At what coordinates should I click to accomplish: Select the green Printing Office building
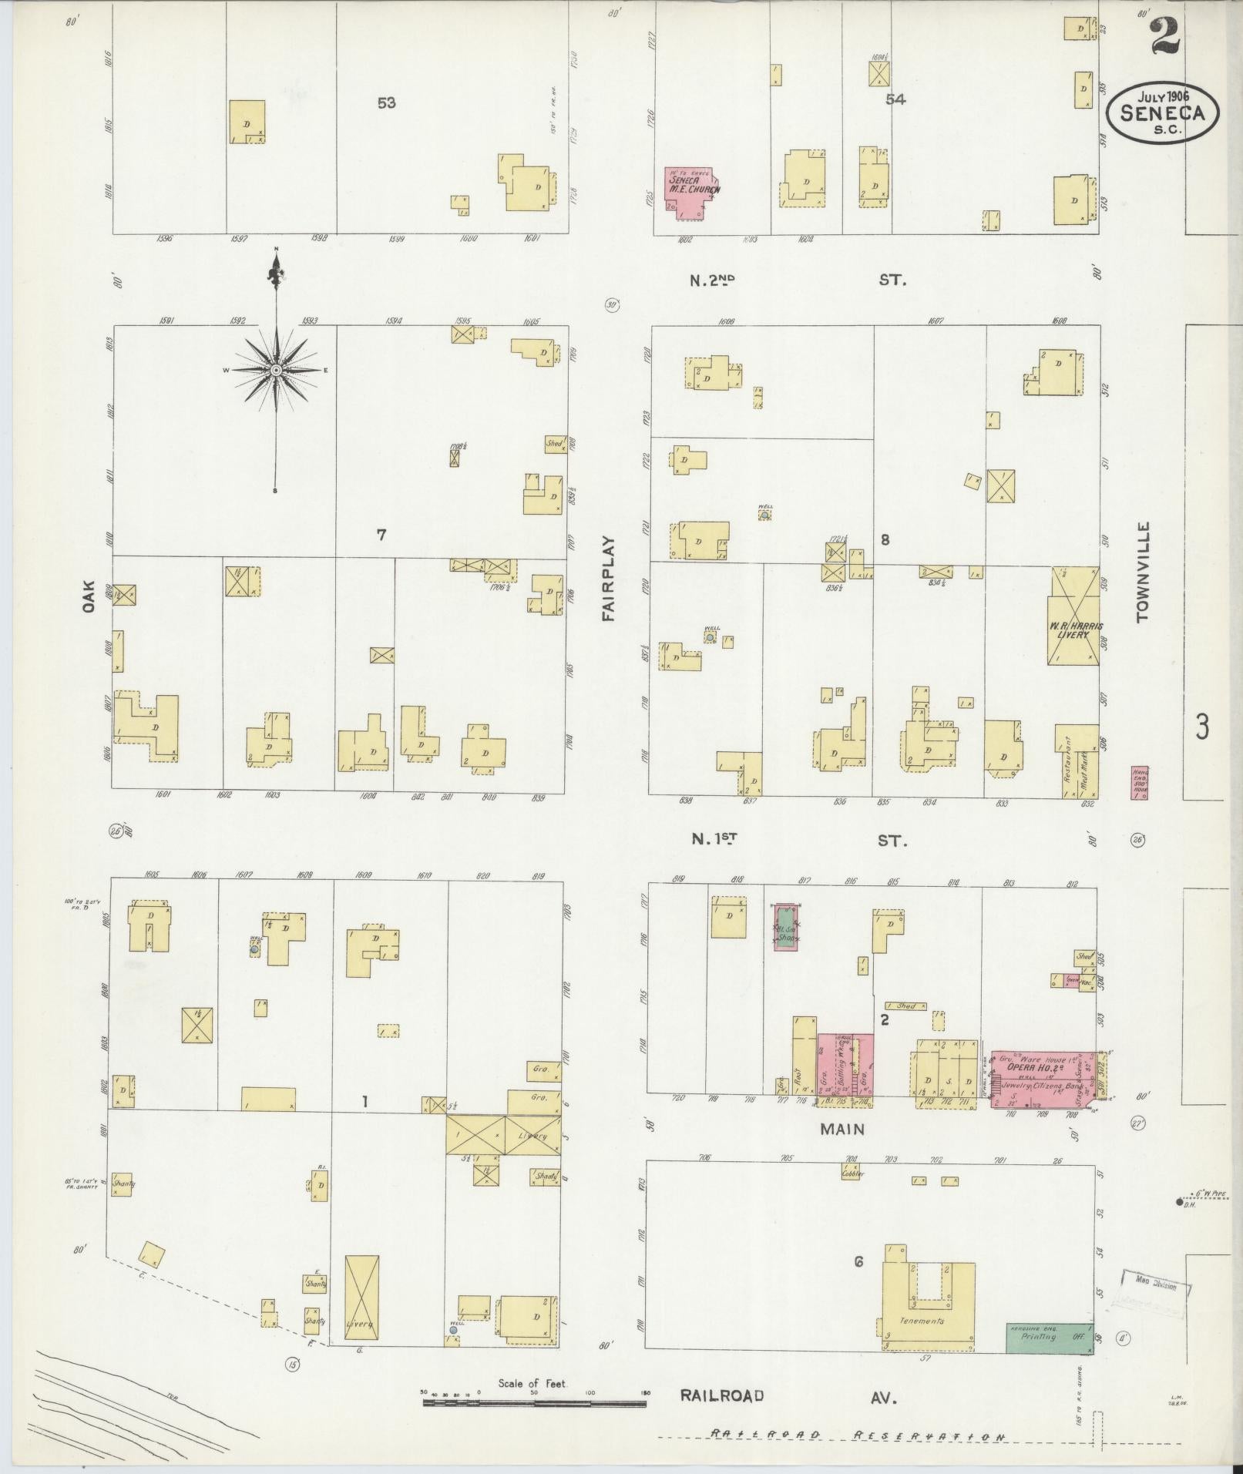(1050, 1338)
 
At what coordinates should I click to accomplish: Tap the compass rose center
(275, 371)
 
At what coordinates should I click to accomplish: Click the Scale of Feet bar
(534, 1404)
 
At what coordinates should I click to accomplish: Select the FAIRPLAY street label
(609, 579)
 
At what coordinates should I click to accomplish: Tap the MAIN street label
(842, 1129)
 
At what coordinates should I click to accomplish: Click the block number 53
(386, 102)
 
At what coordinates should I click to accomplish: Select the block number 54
(895, 99)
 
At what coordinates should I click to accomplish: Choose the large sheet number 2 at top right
(1166, 35)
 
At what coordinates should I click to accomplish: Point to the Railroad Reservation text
(857, 1435)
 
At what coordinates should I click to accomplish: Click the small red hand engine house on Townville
(1139, 782)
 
